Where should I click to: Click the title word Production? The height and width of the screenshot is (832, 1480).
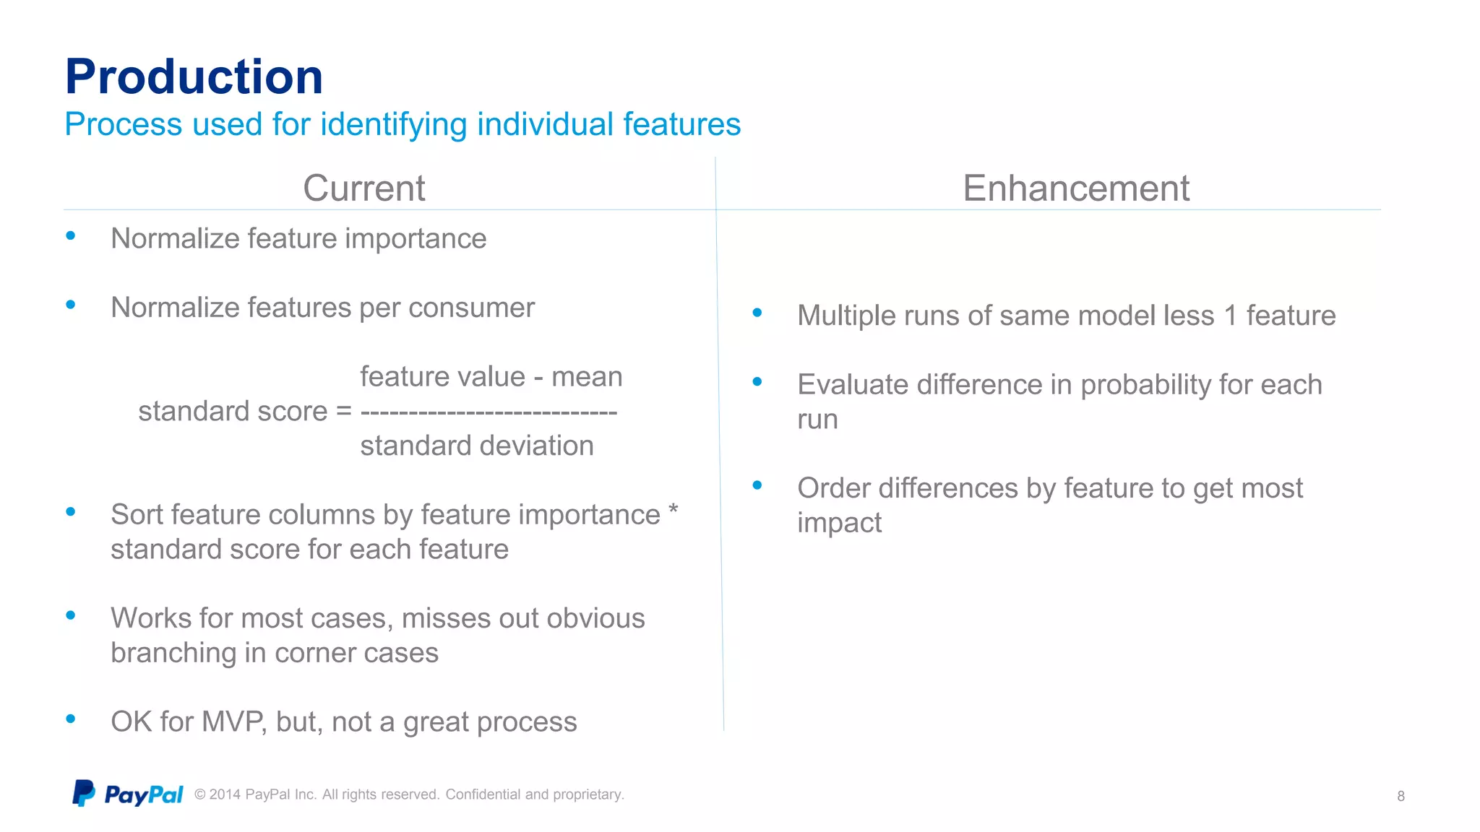pos(194,77)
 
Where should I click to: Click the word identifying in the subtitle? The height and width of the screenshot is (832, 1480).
pos(394,124)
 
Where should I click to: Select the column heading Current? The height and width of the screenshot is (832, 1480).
pos(363,188)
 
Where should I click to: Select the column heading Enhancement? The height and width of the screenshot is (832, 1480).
pos(1075,188)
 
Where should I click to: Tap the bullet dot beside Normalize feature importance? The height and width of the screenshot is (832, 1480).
pos(71,235)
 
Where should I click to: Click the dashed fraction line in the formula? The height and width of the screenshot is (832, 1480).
pos(489,412)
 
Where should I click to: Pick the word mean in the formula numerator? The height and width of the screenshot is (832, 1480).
pos(586,377)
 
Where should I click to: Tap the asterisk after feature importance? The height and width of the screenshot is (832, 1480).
pos(673,509)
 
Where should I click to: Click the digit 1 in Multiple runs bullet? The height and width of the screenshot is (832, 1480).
pos(1230,316)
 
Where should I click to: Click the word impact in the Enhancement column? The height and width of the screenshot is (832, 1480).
pos(839,523)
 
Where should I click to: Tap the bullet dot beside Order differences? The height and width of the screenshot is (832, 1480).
pos(757,485)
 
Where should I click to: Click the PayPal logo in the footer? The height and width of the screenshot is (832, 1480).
pos(128,794)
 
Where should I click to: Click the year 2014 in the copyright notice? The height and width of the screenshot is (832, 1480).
pos(225,795)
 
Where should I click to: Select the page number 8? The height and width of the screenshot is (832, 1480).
pos(1401,796)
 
